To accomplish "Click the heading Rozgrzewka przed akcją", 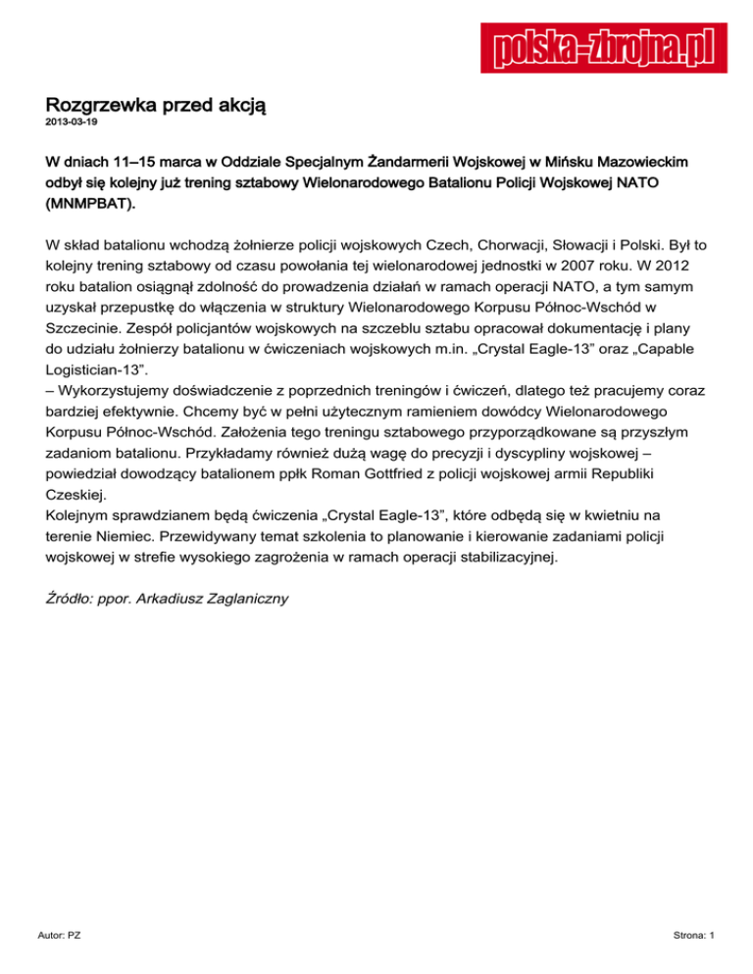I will pos(157,104).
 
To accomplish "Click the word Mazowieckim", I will pos(652,159).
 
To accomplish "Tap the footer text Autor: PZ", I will pos(61,937).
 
